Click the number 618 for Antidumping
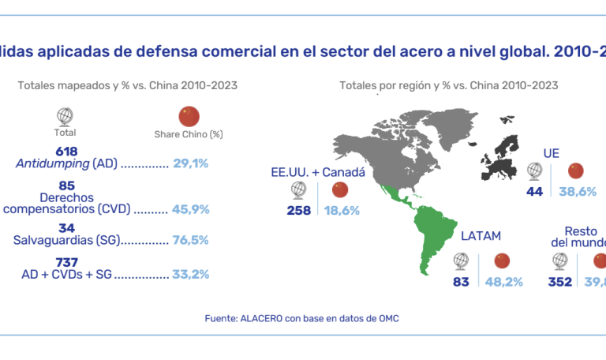coord(66,151)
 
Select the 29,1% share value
coord(189,164)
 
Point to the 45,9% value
coord(189,212)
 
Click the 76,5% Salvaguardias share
coord(189,238)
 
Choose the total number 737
coord(66,262)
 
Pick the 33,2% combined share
coord(189,275)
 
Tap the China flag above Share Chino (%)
coord(189,116)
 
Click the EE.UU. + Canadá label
coord(317,171)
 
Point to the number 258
coord(300,211)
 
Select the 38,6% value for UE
coord(578,191)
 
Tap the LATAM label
coord(480,235)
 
